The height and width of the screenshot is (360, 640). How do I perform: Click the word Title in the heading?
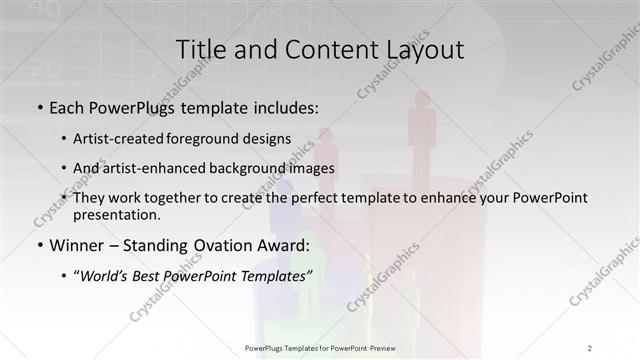pos(200,49)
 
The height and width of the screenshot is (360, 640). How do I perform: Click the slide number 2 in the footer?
pos(591,347)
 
